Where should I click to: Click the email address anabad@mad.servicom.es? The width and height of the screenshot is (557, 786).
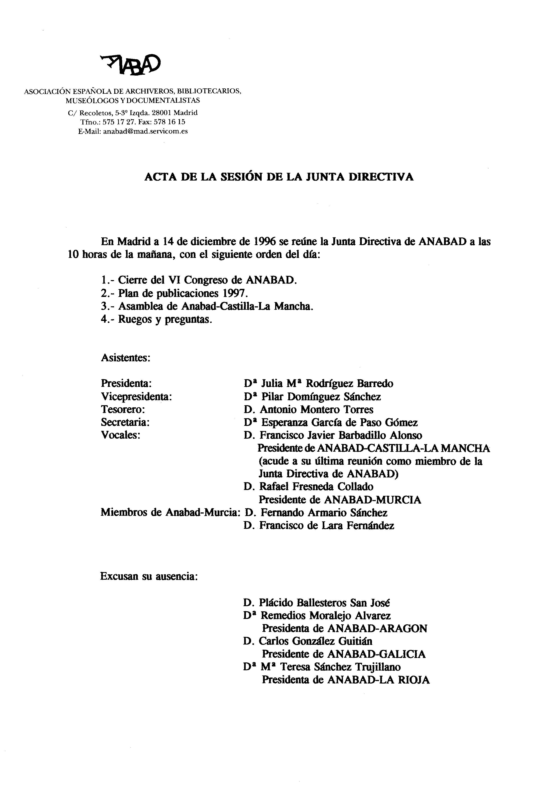[145, 131]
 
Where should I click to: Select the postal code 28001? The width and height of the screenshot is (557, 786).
[161, 113]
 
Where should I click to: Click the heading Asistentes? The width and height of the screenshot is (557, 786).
[126, 358]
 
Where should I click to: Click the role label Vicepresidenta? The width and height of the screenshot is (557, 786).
[136, 397]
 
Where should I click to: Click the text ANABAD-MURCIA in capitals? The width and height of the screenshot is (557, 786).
[372, 500]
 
